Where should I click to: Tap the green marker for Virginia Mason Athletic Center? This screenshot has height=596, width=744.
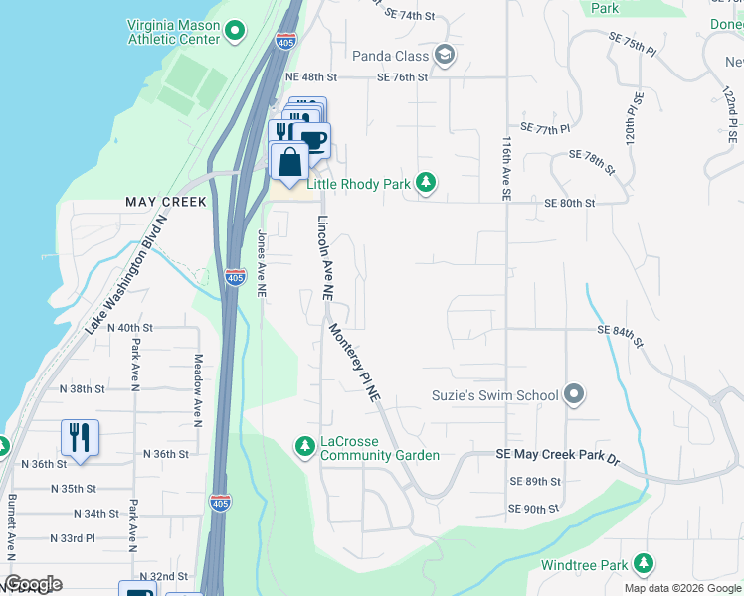pos(236,32)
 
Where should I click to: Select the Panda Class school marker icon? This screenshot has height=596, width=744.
pos(445,56)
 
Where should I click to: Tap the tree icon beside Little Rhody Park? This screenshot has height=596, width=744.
pos(426,182)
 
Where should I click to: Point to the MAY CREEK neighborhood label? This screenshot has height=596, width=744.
pos(166,202)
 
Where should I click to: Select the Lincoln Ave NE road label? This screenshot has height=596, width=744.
pos(323,258)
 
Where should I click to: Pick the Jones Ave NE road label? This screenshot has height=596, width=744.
pos(262,264)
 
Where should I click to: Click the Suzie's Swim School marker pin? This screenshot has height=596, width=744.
pos(573,395)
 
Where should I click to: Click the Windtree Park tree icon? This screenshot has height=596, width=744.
pos(644,565)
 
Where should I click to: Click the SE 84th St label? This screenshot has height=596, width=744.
pos(621,329)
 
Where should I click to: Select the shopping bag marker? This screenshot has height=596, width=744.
pos(288,162)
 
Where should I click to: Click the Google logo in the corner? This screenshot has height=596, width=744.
pos(33,584)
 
